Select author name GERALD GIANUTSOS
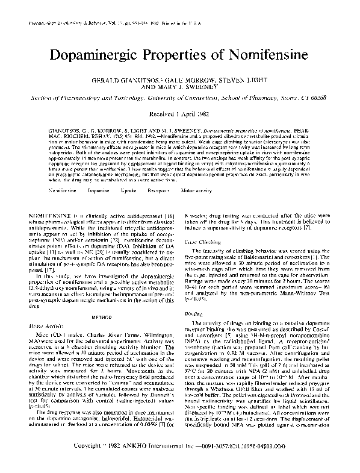point(128,80)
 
